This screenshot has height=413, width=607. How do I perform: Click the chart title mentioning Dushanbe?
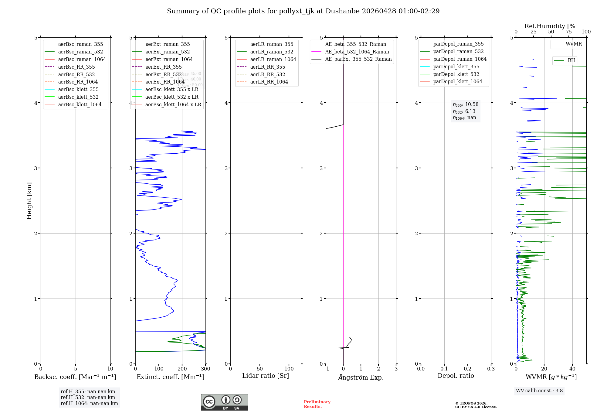pos(303,11)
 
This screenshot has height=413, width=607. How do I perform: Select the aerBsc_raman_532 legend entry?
pos(80,52)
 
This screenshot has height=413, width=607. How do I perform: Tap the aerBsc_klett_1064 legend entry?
pos(80,105)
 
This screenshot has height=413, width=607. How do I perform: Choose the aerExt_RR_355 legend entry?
pos(163,67)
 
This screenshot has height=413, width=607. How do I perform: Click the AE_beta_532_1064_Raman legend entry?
pos(357,52)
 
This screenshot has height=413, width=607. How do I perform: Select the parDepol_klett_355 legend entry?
pos(456,67)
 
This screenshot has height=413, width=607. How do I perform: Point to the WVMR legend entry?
pos(574,44)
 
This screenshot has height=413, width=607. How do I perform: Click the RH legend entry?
pos(571,60)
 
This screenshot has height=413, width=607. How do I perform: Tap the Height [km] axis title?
pos(29,201)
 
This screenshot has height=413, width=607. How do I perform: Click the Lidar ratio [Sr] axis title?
pos(266,376)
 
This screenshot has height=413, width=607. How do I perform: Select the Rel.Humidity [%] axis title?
pos(551,26)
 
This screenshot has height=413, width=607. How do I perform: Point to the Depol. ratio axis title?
pos(456,376)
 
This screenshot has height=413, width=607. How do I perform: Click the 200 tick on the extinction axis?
pos(182,369)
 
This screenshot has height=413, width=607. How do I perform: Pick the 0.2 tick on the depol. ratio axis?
pos(468,369)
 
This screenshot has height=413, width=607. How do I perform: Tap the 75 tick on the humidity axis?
pos(569,32)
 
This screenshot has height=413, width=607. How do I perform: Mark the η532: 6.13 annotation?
pos(464,111)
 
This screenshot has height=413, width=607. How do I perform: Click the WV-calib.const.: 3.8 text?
pos(539,391)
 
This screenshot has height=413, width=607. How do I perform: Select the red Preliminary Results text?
pos(317,404)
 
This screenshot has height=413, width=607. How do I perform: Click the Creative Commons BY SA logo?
pos(224,402)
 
